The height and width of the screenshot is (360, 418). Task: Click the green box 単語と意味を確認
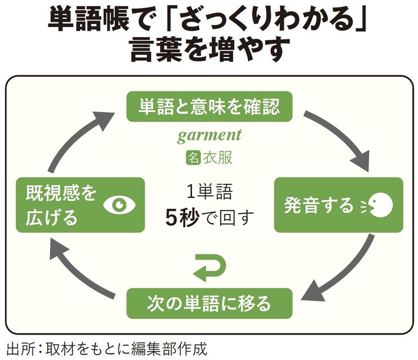209,107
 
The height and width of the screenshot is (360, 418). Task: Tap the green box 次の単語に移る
209,303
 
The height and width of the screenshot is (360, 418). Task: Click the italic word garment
210,136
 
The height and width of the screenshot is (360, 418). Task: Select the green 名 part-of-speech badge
191,157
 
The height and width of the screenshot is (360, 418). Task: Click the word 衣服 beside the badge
217,157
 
